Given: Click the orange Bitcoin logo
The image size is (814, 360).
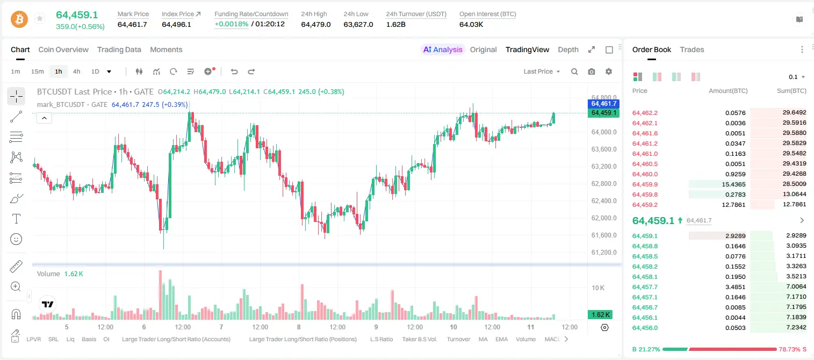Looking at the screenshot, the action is pos(19,19).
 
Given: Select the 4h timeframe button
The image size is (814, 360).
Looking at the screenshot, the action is pos(76,71).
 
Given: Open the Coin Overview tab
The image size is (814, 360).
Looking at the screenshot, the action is pos(63,49).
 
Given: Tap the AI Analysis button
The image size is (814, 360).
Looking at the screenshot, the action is pos(443,49).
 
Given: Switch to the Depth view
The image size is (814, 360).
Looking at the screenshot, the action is pos(568,49).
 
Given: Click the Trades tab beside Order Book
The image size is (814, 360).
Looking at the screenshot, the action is pos(692,49).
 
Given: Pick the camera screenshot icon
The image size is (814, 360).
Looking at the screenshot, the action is pos(592,71).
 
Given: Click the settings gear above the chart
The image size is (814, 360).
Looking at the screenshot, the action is pos(609,71).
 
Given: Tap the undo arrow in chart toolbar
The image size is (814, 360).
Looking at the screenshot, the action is pos(234,71).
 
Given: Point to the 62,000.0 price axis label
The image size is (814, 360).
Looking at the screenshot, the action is pos(604,218).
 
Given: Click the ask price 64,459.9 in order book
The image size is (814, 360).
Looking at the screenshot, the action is pos(645,184).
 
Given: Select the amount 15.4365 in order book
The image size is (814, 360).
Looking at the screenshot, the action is pos(733,184).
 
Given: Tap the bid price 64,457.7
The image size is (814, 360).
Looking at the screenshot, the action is pos(645,287).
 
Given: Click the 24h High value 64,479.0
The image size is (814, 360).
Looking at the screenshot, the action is pos(316,24).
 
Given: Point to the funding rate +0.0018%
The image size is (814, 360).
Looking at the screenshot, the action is pos(232,24).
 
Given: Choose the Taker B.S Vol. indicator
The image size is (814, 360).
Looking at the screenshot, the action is pos(419,339).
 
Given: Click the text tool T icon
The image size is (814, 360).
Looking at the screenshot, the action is pos(16,219).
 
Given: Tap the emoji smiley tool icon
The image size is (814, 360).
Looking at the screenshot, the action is pos(16,239).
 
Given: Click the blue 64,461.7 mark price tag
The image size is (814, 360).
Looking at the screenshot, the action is pos(603,104).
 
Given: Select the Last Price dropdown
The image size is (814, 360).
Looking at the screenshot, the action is pos(542,71).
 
